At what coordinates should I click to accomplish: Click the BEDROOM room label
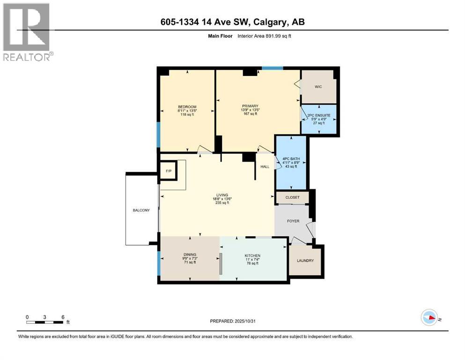(x=187, y=107)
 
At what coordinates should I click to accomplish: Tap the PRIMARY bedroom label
(x=250, y=106)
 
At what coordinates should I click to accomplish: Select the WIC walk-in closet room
(x=318, y=87)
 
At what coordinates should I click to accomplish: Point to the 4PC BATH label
(x=291, y=159)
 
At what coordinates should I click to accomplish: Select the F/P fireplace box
(x=168, y=171)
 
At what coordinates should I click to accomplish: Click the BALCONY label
(x=141, y=210)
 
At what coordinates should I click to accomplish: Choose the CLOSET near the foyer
(x=292, y=197)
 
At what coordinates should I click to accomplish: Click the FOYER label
(x=293, y=221)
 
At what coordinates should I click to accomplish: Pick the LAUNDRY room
(x=305, y=260)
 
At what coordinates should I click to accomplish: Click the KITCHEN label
(x=252, y=256)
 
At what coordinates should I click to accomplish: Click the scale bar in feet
(x=45, y=322)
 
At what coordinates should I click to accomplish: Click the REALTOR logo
(x=27, y=32)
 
